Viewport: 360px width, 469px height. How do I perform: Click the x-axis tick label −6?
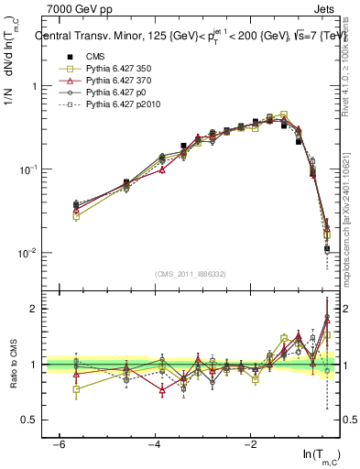(x=58, y=443)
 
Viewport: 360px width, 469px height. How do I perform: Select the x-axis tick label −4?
(x=154, y=443)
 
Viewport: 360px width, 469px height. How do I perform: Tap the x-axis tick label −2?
(x=250, y=443)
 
